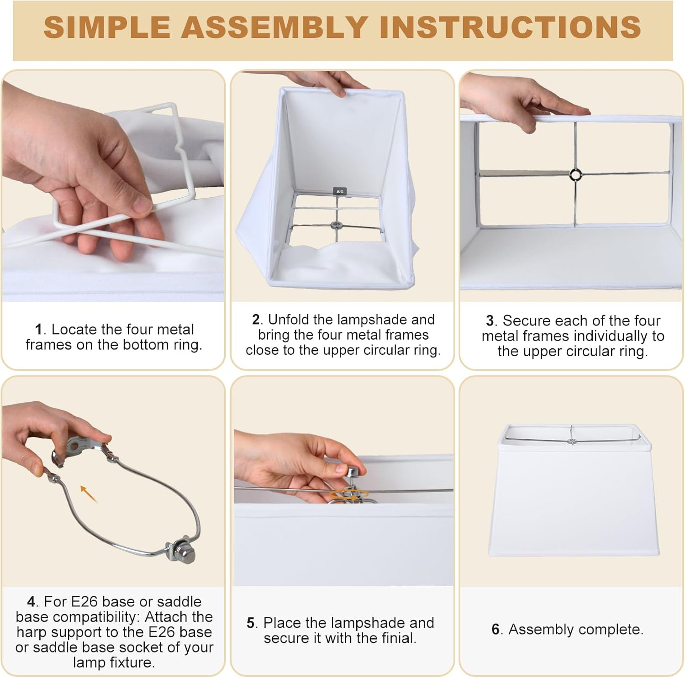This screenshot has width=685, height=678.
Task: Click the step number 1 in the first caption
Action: tap(38, 329)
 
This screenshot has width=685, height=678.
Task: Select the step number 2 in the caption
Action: tap(256, 320)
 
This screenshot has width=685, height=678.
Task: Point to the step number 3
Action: tap(490, 321)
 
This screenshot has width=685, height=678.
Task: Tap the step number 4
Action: tap(31, 602)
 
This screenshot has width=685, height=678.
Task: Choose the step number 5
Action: tap(251, 623)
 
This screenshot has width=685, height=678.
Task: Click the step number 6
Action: tap(496, 630)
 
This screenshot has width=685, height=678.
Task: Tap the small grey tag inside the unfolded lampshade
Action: tap(340, 191)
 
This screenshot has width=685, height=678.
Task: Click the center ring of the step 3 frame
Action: tap(575, 174)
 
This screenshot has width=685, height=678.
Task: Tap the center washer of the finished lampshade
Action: tap(570, 441)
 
